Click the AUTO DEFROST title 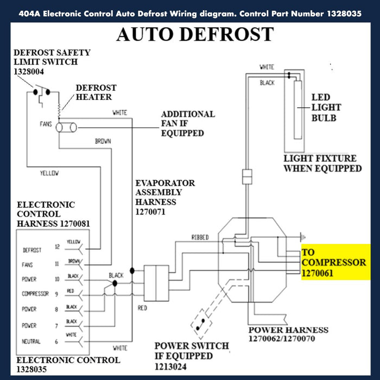tap(195, 34)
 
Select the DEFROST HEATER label tap(93, 92)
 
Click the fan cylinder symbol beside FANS tap(67, 128)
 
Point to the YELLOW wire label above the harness tap(49, 173)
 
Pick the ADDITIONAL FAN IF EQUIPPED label tap(188, 123)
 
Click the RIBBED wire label tap(200, 237)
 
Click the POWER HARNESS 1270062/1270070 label tap(288, 334)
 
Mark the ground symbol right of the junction tap(302, 237)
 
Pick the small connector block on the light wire tap(247, 176)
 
